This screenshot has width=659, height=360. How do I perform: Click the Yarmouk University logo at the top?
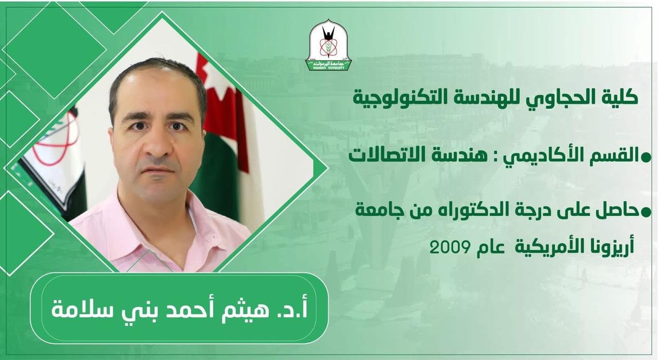click(x=328, y=45)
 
